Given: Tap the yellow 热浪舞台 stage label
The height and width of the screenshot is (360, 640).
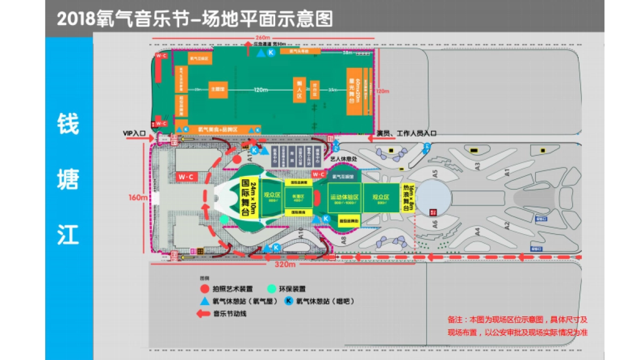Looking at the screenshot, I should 407,197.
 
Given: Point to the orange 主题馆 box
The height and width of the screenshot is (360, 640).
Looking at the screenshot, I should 217,90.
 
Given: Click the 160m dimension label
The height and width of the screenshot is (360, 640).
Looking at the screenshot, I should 138,198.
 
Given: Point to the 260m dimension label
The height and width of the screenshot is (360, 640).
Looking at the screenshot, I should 263,37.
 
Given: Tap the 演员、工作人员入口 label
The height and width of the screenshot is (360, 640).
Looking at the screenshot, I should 406,133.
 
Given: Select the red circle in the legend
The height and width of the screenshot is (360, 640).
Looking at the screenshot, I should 204,289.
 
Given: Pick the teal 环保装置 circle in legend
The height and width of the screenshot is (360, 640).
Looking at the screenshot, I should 273,289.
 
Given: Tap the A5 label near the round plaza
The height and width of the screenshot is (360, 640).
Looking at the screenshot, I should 435,173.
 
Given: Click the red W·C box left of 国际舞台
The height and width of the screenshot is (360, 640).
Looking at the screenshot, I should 185,176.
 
